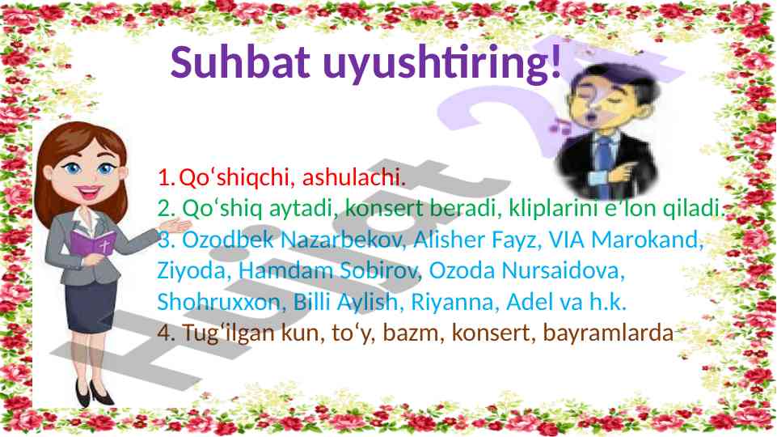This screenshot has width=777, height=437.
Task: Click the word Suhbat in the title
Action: [240, 62]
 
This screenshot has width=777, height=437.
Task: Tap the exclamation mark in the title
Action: [555, 62]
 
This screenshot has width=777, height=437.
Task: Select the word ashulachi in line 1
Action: [353, 177]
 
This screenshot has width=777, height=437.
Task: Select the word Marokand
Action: [648, 240]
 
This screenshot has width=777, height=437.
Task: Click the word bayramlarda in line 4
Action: [608, 333]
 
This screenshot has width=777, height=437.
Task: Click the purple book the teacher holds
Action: [93, 244]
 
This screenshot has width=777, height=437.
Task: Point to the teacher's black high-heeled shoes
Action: [93, 394]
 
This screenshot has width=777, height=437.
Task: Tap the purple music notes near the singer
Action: [560, 125]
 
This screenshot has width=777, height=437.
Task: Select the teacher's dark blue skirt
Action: [91, 306]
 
